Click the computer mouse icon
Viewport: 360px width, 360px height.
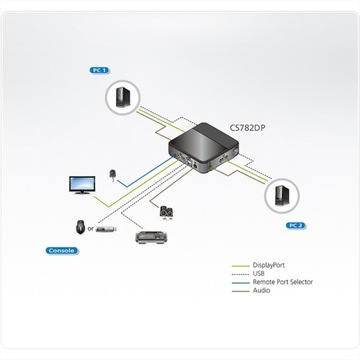(x=81, y=225)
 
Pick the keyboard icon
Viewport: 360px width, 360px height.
(x=150, y=241)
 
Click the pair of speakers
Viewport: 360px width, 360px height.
(x=164, y=212)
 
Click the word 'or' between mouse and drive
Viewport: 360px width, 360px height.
(x=93, y=226)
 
